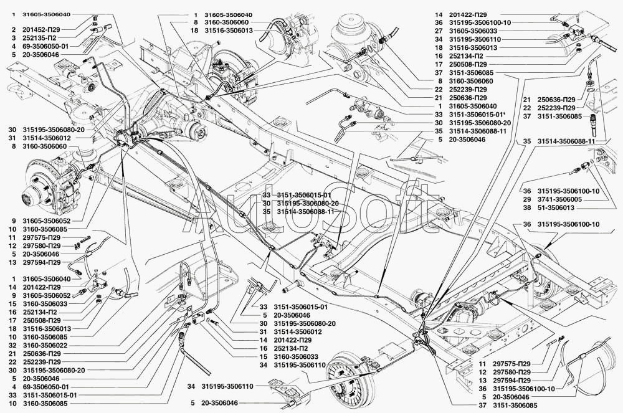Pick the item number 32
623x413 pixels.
tap(12, 346)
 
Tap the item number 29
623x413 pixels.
tap(526, 199)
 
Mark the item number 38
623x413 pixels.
tap(526, 208)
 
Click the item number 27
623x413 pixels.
tap(439, 31)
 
